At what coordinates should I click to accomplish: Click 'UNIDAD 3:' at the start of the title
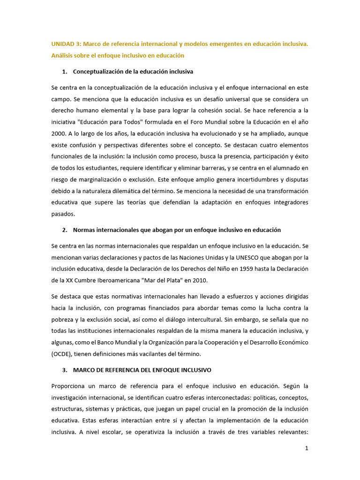pyautogui.click(x=66, y=44)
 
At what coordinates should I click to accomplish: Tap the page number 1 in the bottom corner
pyautogui.click(x=307, y=448)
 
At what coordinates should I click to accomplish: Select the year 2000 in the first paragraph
pyautogui.click(x=59, y=133)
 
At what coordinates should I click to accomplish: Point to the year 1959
pyautogui.click(x=233, y=269)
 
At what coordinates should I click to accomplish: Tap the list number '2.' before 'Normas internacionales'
pyautogui.click(x=65, y=230)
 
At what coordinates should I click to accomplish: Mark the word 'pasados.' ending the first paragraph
pyautogui.click(x=63, y=213)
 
